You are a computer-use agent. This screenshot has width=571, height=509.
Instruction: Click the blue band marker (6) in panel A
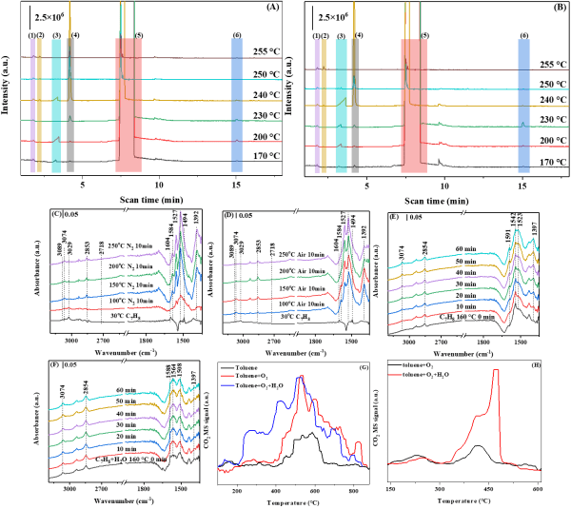point(236,35)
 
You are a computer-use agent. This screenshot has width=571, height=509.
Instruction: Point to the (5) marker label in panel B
point(424,35)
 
